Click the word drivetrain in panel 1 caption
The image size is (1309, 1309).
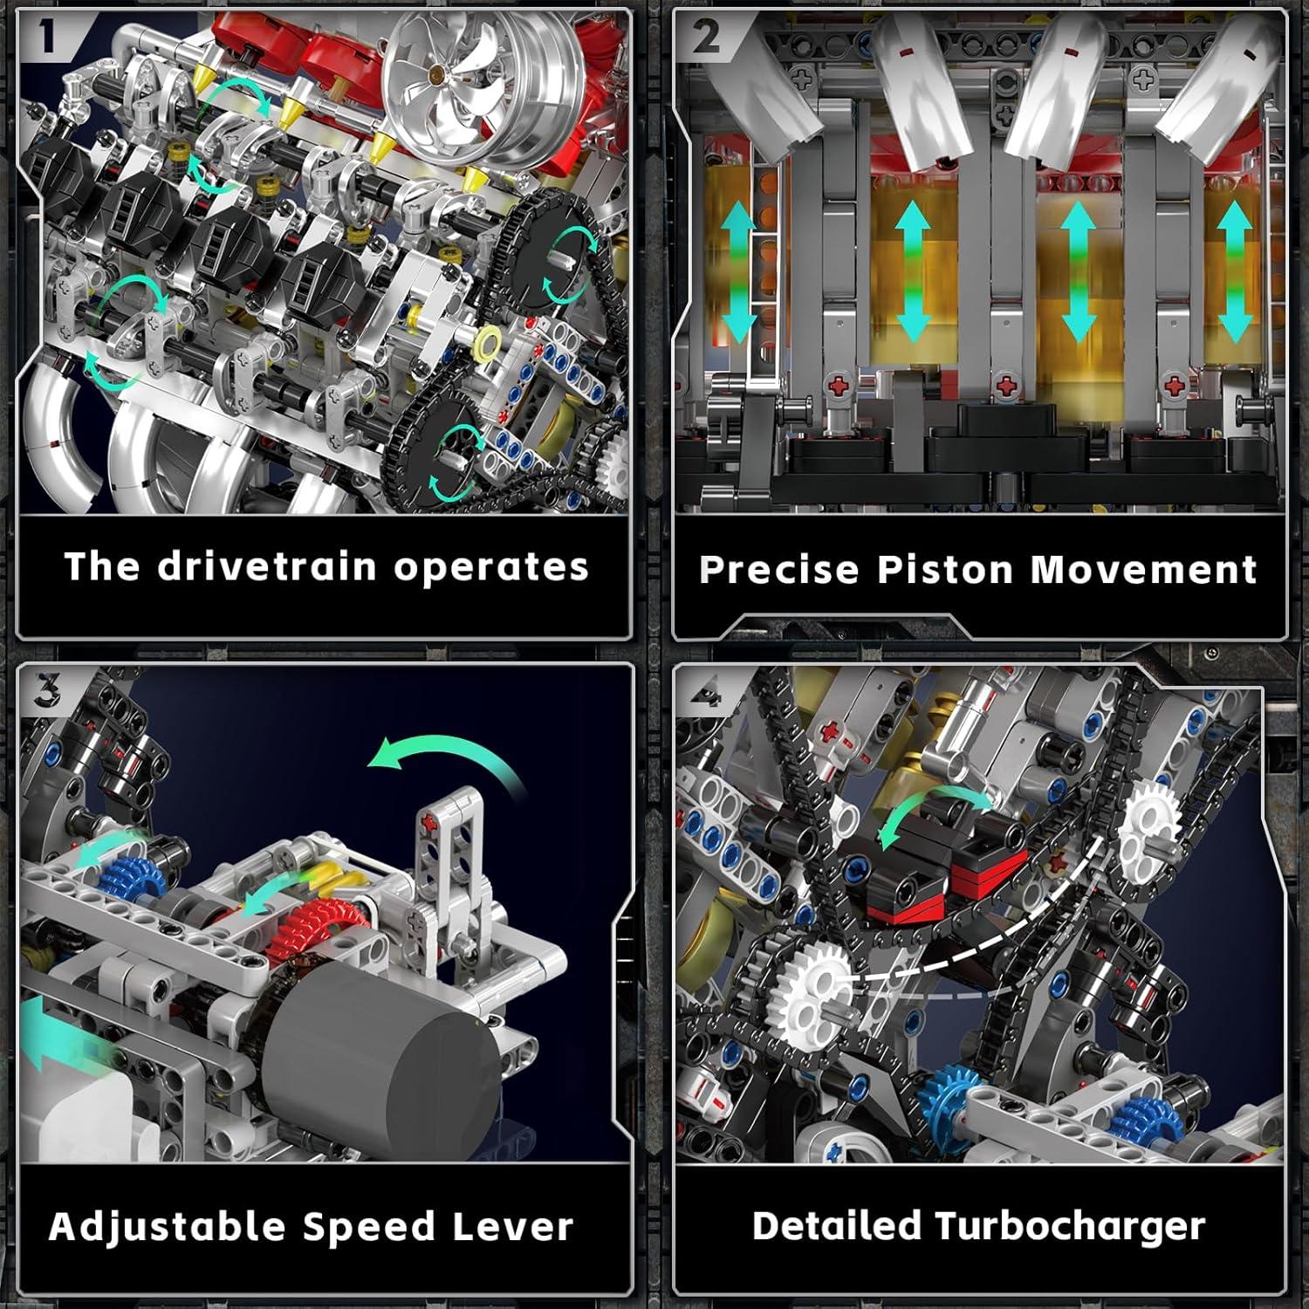click(x=268, y=566)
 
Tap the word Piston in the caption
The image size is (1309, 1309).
click(x=947, y=570)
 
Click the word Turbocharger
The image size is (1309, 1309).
click(x=1070, y=1227)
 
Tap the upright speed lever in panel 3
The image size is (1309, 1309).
click(x=454, y=873)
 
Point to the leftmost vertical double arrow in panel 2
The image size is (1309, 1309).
click(x=738, y=271)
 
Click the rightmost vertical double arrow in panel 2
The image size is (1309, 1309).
click(x=1234, y=271)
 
